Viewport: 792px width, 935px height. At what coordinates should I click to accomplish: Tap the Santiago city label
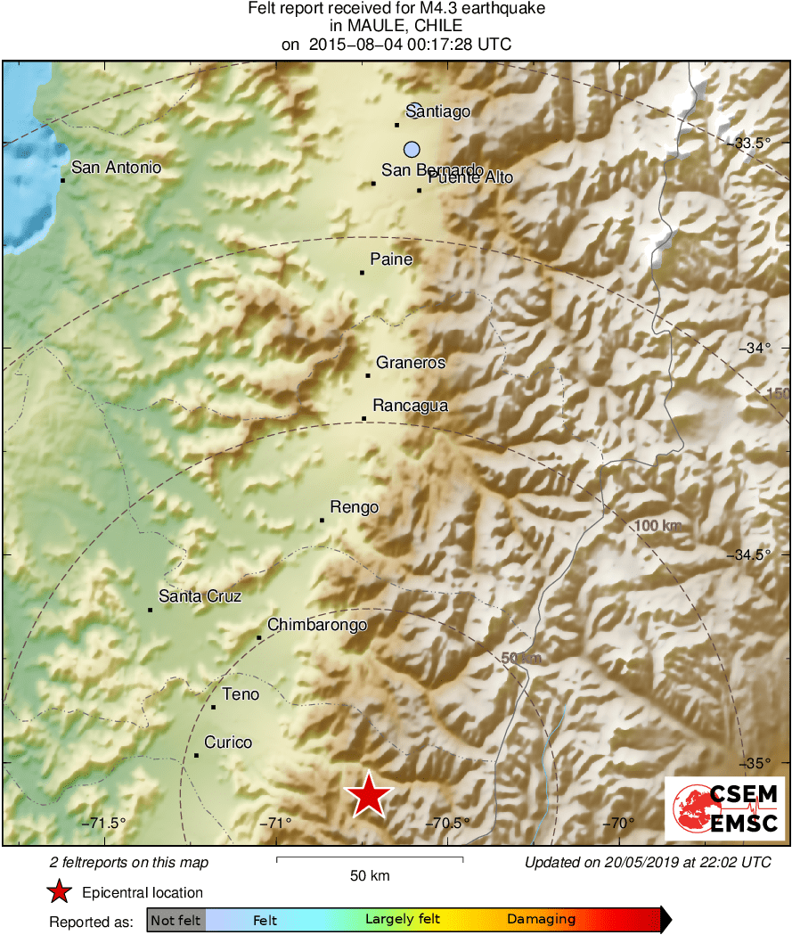tap(437, 111)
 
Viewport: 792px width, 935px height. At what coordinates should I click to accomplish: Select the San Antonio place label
tap(116, 167)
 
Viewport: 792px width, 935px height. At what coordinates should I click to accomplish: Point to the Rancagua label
tap(410, 406)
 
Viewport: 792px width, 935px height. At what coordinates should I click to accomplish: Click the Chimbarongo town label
tap(317, 625)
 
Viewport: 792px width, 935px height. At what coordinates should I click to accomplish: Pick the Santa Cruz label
tap(200, 596)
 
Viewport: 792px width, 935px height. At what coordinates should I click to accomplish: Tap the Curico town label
tap(228, 742)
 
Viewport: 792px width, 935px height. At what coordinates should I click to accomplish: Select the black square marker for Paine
tap(362, 273)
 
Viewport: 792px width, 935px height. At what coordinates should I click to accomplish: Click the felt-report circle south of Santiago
tap(411, 150)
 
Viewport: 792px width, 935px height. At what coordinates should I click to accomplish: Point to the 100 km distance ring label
tap(657, 526)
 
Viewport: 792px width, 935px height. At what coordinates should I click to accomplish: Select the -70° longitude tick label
tap(621, 823)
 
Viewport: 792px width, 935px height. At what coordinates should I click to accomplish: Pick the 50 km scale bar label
tap(369, 876)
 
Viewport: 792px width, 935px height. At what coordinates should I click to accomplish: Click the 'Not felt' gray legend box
tap(176, 920)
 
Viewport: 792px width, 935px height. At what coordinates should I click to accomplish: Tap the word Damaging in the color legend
tap(541, 919)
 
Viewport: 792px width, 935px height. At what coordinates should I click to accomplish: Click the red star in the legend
tap(60, 892)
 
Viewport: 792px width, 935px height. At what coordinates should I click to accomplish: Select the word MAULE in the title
tap(355, 26)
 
